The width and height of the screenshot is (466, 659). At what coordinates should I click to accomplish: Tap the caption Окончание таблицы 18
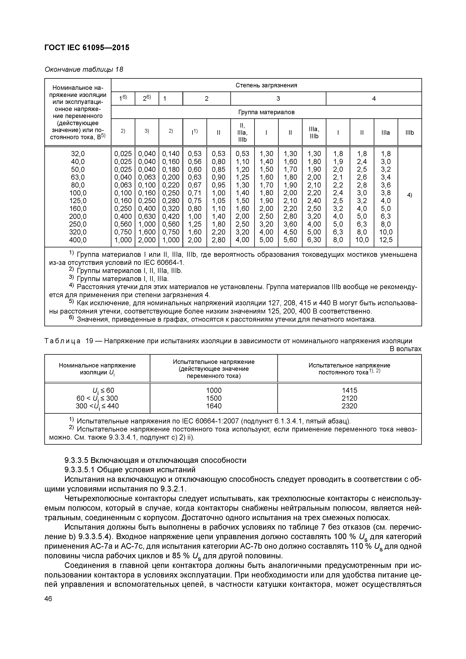(84, 70)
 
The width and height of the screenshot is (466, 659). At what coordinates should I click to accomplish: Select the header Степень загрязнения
(266, 85)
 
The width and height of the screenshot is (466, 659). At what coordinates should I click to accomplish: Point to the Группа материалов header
(266, 112)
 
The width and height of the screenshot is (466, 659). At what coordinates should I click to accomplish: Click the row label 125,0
(78, 201)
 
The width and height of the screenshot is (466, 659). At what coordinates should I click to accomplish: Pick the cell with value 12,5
(386, 240)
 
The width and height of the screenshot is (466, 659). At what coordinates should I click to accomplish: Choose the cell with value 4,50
(290, 232)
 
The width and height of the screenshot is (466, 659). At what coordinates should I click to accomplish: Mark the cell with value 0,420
(171, 216)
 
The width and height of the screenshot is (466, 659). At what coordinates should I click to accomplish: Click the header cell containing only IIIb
(409, 132)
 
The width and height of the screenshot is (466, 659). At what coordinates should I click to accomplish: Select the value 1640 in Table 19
(214, 406)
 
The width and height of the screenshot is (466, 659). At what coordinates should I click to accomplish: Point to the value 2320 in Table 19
(349, 406)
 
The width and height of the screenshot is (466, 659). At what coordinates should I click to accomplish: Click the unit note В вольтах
(405, 349)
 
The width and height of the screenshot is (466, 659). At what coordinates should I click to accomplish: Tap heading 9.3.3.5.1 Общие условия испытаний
(130, 470)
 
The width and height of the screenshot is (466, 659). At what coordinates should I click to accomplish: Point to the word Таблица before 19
(62, 341)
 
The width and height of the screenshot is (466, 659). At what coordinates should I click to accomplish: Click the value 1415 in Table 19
(349, 390)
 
